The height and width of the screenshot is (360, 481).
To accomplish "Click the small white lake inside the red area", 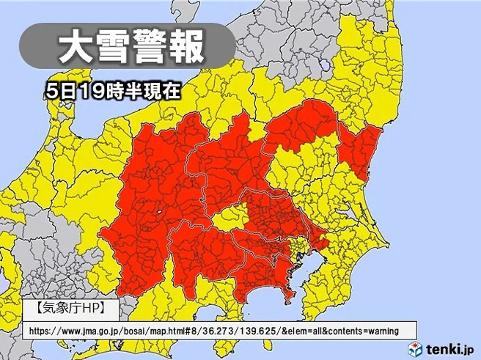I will click(158, 213).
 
